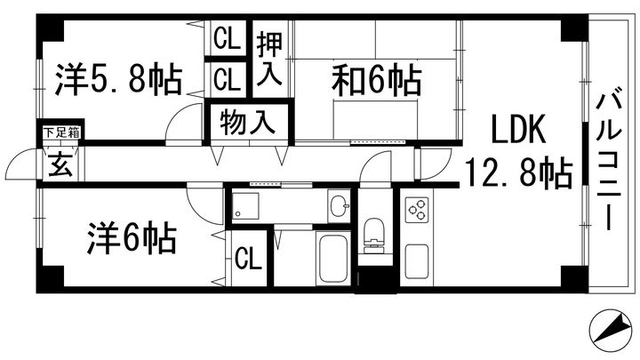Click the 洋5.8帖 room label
click(x=119, y=79)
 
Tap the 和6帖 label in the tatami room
click(x=376, y=80)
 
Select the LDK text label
click(x=518, y=130)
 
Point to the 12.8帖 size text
click(x=518, y=174)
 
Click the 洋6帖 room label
click(x=132, y=238)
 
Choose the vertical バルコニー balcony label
click(x=609, y=162)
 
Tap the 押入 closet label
click(x=269, y=60)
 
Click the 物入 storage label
click(x=248, y=123)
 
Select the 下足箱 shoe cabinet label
click(x=61, y=132)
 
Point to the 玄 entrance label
click(x=60, y=164)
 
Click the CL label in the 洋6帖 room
click(x=248, y=259)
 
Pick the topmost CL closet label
click(x=227, y=39)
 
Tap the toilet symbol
click(x=374, y=236)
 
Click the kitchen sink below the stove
click(x=417, y=261)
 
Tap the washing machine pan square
click(x=245, y=205)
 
